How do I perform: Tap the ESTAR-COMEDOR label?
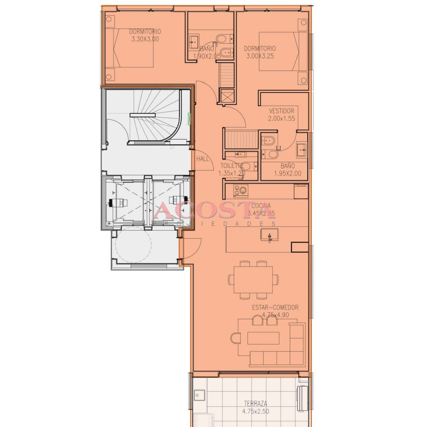[x=276, y=307]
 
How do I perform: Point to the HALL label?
[x=203, y=159]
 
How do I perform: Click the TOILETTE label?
[x=231, y=166]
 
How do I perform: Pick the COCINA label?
[x=261, y=205]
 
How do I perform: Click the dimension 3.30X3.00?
[x=145, y=39]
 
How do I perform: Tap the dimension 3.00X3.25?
[x=260, y=56]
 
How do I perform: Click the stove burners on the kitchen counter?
[x=240, y=191]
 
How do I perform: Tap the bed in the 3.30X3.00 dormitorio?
[x=129, y=48]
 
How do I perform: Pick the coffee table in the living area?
[x=263, y=338]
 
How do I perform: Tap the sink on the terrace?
[x=200, y=395]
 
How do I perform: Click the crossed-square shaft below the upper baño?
[x=227, y=95]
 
